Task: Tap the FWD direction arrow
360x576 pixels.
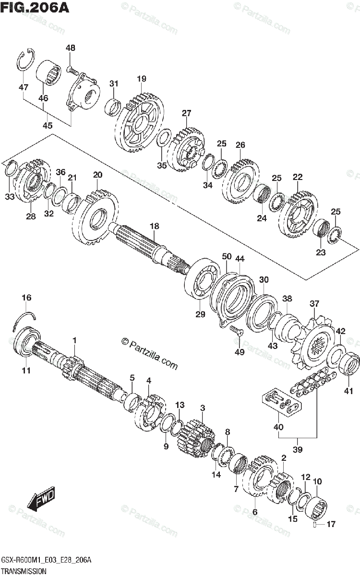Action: pyautogui.click(x=41, y=498)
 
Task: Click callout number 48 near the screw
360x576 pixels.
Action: pyautogui.click(x=70, y=48)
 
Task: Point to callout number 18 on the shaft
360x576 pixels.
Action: pyautogui.click(x=154, y=226)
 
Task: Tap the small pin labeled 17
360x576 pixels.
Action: pyautogui.click(x=315, y=524)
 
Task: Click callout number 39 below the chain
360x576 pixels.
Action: pyautogui.click(x=298, y=449)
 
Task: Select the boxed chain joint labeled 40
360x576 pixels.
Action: pyautogui.click(x=282, y=403)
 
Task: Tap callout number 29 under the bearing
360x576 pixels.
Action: pyautogui.click(x=200, y=314)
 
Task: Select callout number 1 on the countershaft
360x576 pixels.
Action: pyautogui.click(x=74, y=341)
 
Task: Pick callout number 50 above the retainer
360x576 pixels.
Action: pyautogui.click(x=227, y=256)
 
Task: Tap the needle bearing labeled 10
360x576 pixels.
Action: pyautogui.click(x=316, y=508)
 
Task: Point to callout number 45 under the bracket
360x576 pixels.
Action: pyautogui.click(x=48, y=125)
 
